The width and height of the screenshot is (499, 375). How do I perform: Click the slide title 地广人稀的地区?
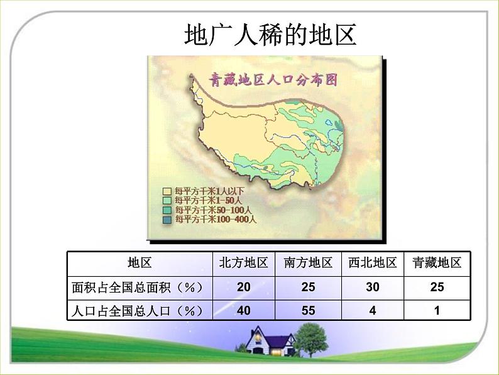[271, 35]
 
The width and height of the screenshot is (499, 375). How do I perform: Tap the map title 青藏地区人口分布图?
[273, 80]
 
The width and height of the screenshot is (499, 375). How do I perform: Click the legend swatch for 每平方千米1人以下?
[167, 190]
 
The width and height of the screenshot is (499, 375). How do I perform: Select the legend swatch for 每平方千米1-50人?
[167, 200]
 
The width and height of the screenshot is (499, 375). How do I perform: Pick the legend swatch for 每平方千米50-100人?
[167, 210]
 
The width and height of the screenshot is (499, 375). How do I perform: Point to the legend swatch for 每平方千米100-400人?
[167, 220]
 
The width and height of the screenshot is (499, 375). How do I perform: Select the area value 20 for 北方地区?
[244, 288]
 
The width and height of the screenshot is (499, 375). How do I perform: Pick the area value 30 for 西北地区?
[373, 288]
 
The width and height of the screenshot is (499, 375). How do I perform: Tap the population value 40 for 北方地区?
[244, 310]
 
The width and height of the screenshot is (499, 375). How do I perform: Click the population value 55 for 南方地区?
[308, 310]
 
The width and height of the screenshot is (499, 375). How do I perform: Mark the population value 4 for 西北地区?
[373, 310]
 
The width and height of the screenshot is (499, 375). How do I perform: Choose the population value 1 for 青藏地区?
[437, 310]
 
